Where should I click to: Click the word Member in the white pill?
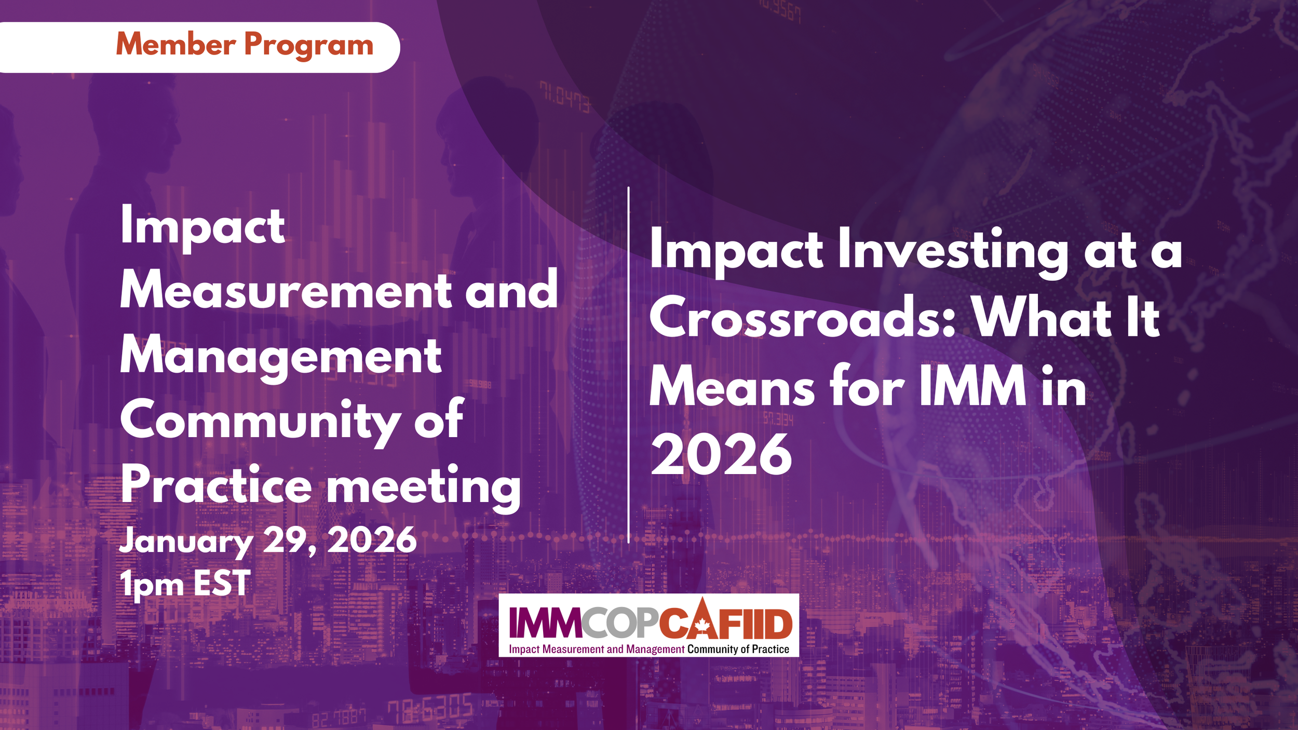point(175,44)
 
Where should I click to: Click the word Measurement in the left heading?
point(286,291)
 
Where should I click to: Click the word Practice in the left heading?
point(216,485)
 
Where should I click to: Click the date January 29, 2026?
point(267,541)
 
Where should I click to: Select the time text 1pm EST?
point(185,583)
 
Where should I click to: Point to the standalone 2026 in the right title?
point(721,455)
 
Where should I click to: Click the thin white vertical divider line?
point(628,363)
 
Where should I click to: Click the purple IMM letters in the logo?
point(545,623)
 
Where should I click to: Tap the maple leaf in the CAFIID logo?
point(702,625)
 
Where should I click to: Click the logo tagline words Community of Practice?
point(738,649)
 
